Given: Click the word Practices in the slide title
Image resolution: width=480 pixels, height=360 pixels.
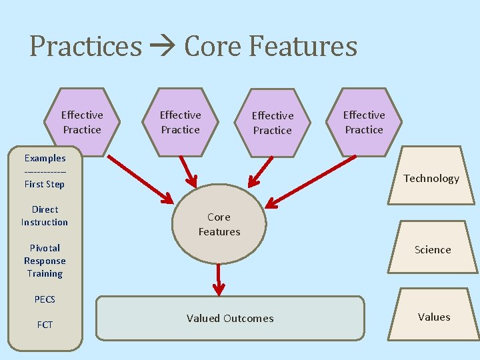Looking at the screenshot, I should [85, 47].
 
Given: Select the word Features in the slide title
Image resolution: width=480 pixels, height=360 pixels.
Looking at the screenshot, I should [303, 47].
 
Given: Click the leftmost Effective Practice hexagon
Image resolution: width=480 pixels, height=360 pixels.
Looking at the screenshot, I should [82, 122].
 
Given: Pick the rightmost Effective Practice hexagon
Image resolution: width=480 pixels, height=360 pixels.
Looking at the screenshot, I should [364, 122].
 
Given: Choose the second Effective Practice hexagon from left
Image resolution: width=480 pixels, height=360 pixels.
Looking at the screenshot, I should [180, 122].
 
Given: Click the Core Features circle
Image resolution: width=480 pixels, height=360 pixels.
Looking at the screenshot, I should [219, 225].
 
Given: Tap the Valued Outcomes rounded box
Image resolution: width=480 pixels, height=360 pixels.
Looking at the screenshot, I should [230, 319].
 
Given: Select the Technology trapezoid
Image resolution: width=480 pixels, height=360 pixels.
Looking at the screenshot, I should [431, 178].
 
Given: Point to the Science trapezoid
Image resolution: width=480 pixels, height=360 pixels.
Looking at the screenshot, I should [433, 250].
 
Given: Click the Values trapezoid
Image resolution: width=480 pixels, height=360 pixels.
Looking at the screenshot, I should [434, 317].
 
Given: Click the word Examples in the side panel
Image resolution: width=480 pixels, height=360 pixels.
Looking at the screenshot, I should [45, 158].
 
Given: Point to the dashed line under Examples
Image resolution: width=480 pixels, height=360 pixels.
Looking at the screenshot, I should [45, 171].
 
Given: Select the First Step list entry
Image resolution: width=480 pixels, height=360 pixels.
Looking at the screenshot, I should [45, 184].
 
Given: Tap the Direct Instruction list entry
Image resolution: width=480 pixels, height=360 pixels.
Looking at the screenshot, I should [45, 215].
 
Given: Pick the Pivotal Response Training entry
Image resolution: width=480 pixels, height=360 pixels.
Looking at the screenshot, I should [45, 261].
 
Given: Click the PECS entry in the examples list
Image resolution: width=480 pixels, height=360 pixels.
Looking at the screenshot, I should [45, 299].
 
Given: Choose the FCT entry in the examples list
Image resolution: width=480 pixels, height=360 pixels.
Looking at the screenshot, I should [45, 325].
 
